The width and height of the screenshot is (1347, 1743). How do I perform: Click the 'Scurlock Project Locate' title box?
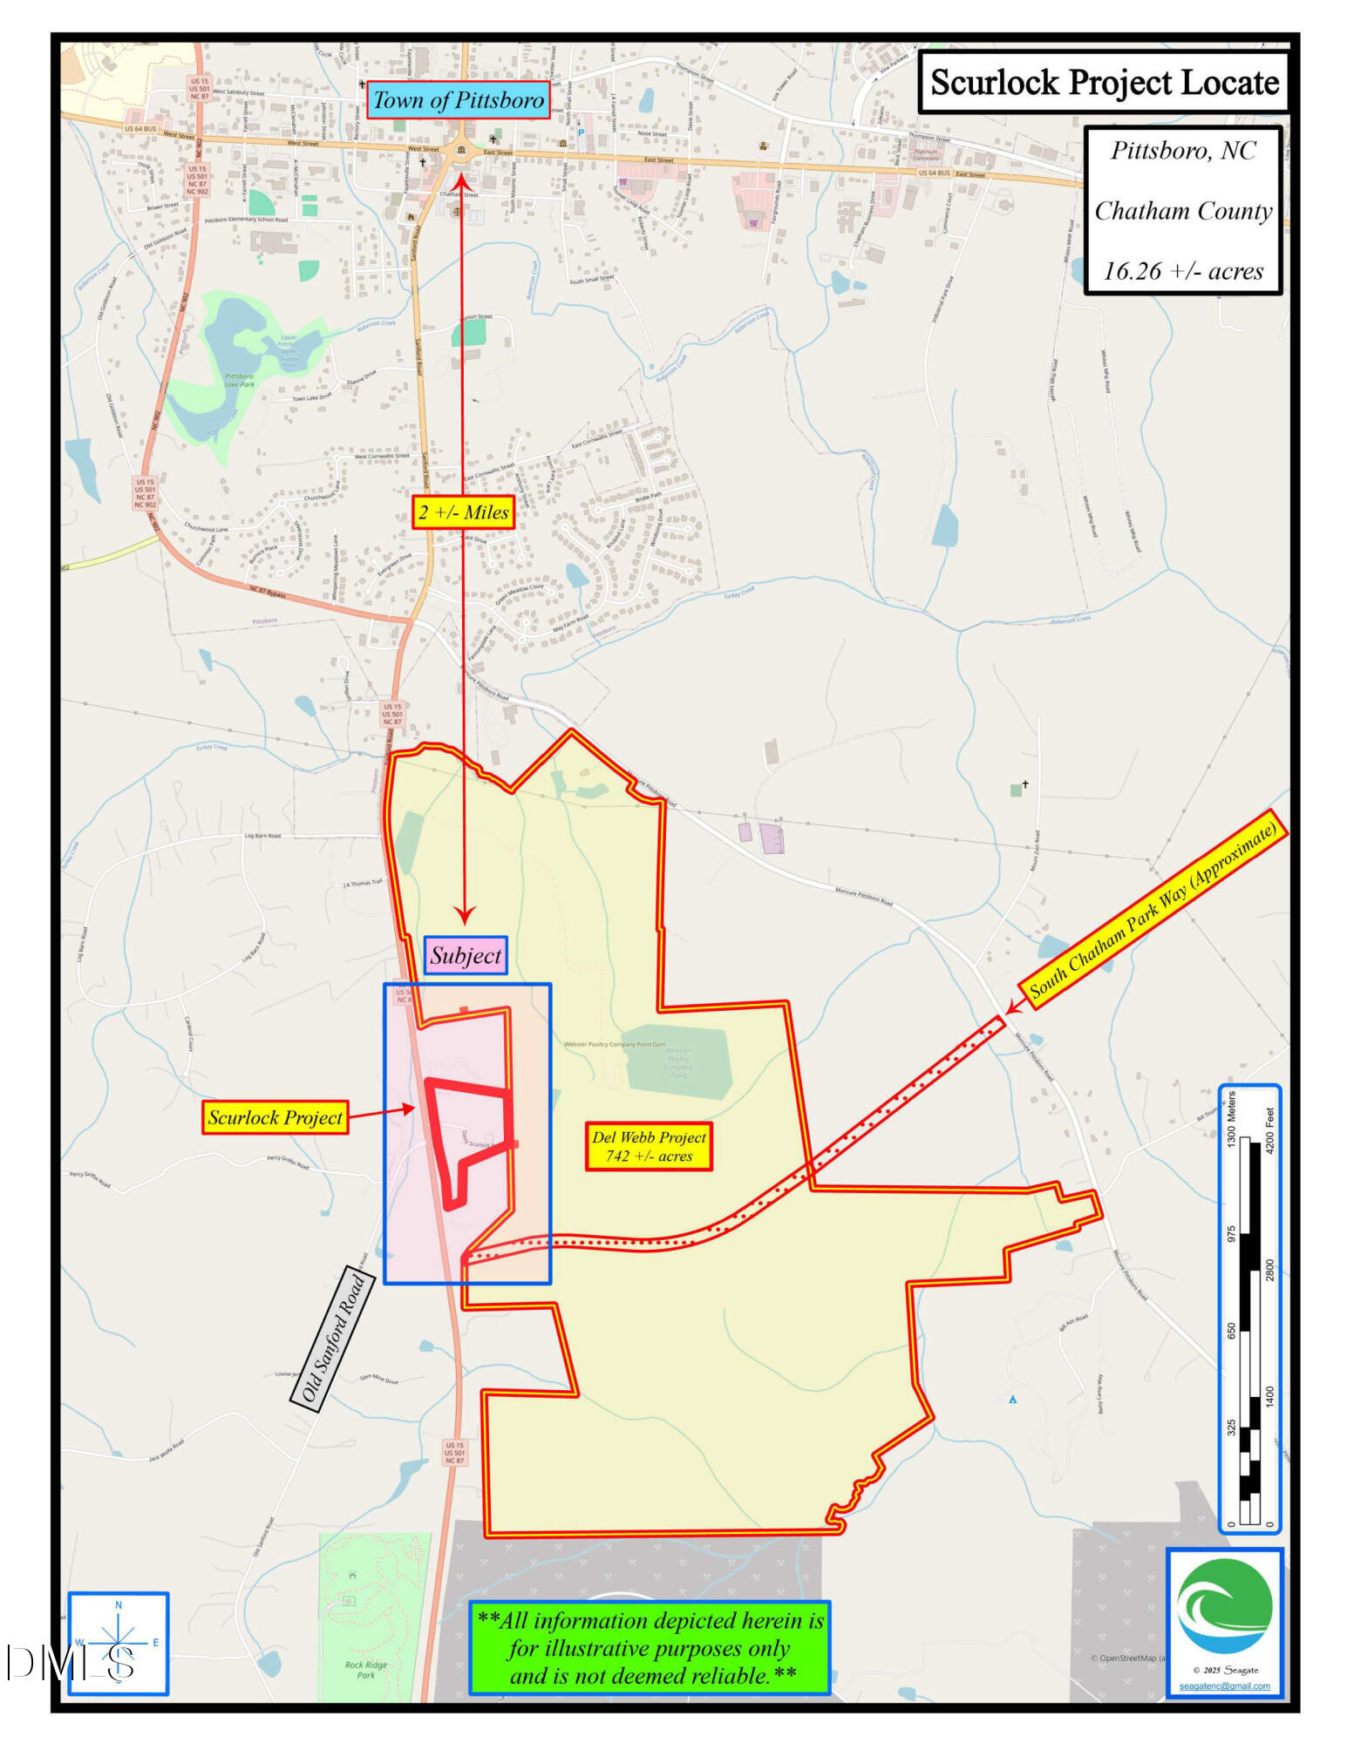pos(1104,83)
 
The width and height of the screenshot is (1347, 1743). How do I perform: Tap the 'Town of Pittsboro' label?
pos(459,100)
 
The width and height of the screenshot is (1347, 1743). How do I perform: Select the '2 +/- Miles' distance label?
pos(463,512)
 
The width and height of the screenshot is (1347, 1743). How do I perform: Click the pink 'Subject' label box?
pos(466,956)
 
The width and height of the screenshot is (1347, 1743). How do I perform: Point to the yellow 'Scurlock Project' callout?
pos(276,1117)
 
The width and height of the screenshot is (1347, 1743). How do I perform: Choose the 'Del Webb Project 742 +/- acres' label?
pos(649,1146)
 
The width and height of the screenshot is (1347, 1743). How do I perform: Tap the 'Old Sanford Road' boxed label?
pos(332,1339)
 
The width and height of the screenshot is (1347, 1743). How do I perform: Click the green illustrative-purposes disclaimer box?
pos(650,1648)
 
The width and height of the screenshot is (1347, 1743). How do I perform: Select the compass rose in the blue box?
pos(119,1643)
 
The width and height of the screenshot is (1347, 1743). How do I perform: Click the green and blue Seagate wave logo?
pos(1224,1605)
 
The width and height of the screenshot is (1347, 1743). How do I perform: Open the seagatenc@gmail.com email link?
pos(1224,1686)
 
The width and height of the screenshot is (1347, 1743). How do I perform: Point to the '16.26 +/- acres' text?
pos(1183,271)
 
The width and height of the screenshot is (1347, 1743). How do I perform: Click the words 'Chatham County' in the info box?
pos(1183,211)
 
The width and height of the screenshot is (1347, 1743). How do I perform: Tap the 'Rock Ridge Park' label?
pos(366,1670)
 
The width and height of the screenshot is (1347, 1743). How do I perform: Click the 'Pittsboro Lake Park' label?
pos(239,380)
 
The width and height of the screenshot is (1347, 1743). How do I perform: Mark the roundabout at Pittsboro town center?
pos(461,152)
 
